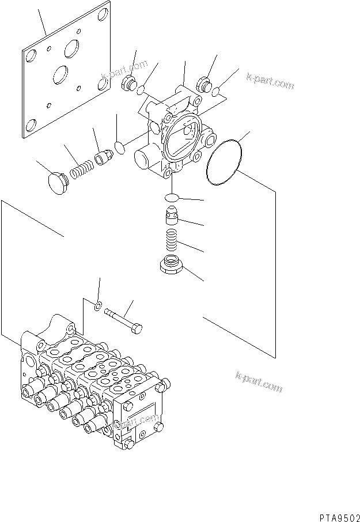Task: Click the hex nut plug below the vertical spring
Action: tap(170, 266)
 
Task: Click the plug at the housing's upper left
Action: tap(128, 85)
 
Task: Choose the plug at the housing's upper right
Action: tap(204, 85)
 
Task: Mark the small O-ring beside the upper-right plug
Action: tap(216, 92)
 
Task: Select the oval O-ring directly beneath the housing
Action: tap(171, 198)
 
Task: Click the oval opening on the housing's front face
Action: tap(184, 137)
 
